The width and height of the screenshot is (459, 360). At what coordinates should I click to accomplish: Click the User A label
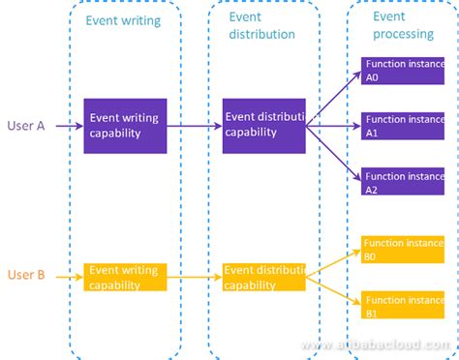(25, 126)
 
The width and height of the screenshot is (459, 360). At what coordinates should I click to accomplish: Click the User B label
(25, 275)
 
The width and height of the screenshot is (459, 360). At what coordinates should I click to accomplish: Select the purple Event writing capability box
(125, 126)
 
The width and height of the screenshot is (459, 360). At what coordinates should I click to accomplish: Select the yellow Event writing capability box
(125, 278)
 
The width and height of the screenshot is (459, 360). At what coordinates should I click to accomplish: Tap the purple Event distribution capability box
(263, 126)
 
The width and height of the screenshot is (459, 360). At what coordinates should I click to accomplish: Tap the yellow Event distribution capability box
(263, 278)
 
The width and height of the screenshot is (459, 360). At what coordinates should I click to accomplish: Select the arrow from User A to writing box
(68, 126)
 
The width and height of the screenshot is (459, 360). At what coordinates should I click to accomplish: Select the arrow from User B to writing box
(68, 276)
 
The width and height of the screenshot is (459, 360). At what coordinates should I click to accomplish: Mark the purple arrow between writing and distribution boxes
(194, 126)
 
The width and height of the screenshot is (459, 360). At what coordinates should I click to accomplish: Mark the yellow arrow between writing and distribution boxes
(194, 276)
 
